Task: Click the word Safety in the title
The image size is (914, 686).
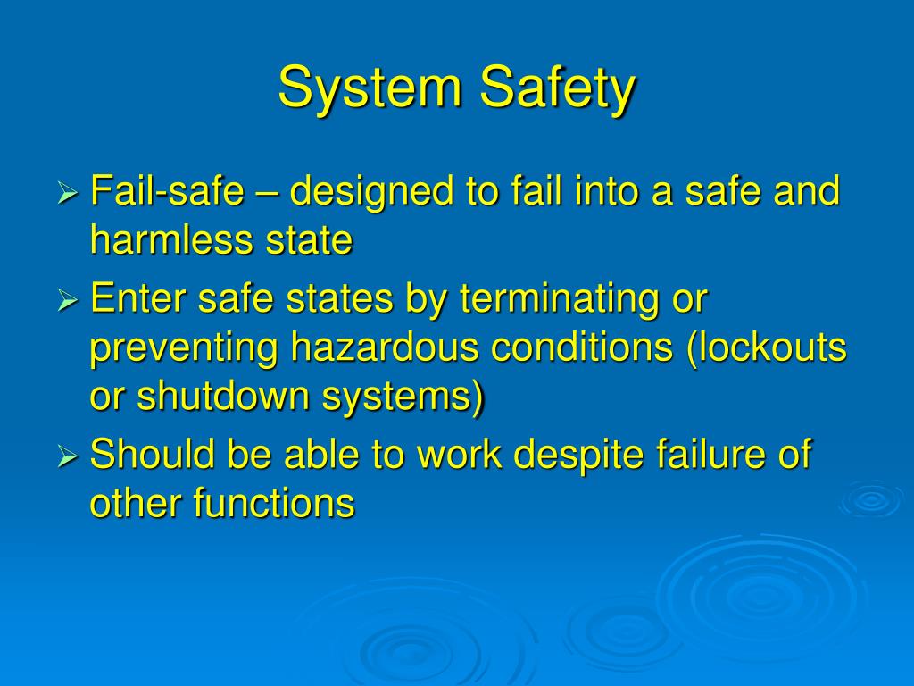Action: pyautogui.click(x=557, y=89)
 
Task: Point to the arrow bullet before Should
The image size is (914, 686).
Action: pyautogui.click(x=69, y=458)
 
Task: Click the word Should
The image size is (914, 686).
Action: pyautogui.click(x=153, y=455)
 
